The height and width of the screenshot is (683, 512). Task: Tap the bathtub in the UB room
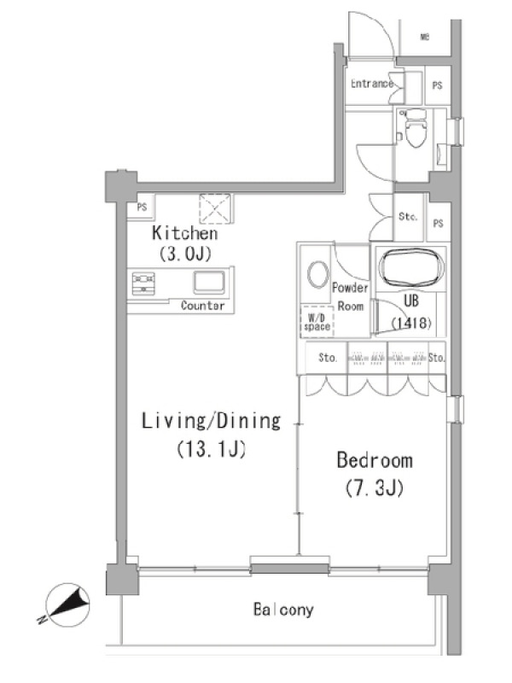point(411,267)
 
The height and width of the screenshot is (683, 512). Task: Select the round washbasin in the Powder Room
point(317,274)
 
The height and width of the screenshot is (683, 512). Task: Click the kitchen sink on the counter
point(209,283)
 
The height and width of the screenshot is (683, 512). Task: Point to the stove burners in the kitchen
point(143,283)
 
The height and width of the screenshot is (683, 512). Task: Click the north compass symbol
point(67,605)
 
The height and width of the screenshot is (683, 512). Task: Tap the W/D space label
point(317,323)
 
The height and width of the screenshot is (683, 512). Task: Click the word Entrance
point(372,83)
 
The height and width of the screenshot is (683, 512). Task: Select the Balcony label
point(283,610)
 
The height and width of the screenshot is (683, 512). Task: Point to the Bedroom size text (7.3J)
point(375,488)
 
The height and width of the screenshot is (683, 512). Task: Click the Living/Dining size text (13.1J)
point(212,449)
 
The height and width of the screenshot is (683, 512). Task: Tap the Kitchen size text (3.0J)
point(185,253)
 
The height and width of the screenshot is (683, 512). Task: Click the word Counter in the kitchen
point(203,306)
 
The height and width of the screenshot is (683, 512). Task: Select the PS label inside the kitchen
point(142,207)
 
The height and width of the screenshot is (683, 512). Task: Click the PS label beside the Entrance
point(438,85)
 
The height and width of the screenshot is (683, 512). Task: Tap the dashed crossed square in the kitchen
point(216,208)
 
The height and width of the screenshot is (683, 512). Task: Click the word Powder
point(350,288)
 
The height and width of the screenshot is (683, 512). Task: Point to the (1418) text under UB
point(411,323)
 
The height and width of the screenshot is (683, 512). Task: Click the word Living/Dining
point(212,421)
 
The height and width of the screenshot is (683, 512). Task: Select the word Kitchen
point(185,233)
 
